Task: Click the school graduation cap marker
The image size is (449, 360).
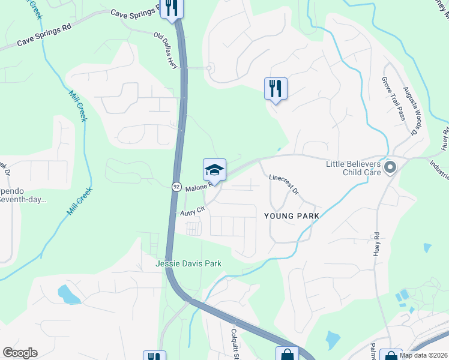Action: click(214, 170)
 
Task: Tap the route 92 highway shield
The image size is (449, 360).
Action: click(176, 186)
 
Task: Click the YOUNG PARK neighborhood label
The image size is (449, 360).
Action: click(289, 214)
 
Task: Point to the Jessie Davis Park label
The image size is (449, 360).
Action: click(188, 263)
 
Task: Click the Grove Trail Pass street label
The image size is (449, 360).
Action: click(394, 98)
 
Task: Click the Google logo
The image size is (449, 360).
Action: click(20, 353)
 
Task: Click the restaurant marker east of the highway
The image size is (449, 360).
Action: click(276, 89)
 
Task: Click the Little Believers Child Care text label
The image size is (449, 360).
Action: click(354, 167)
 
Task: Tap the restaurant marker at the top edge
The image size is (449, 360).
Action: click(172, 8)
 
